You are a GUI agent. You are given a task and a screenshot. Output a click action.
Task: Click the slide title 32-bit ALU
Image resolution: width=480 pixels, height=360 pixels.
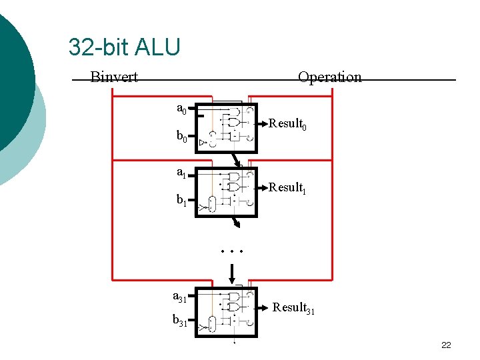[x=124, y=47]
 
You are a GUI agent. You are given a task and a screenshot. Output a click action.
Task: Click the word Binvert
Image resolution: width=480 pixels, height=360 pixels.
[x=114, y=77]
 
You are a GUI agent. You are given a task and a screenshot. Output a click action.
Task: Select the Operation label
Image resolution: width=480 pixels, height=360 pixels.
[x=330, y=77]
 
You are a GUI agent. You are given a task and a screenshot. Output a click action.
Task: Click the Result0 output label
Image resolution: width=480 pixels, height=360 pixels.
[x=287, y=124]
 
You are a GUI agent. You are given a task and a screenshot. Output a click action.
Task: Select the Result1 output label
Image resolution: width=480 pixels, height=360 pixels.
[x=287, y=188]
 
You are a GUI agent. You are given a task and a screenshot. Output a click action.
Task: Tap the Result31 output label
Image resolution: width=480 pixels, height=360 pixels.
[x=294, y=308]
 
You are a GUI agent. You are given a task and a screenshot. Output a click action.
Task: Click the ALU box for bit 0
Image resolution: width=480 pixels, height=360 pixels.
[x=226, y=128]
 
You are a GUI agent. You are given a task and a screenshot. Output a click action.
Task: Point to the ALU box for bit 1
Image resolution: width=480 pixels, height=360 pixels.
[x=226, y=192]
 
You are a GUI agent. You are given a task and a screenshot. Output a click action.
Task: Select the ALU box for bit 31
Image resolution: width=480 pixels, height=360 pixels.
[x=226, y=311]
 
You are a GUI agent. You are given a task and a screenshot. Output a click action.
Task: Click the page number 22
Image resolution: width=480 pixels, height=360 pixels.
[x=446, y=345]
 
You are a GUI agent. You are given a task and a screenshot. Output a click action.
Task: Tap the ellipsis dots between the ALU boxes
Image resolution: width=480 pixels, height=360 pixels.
[x=233, y=252]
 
